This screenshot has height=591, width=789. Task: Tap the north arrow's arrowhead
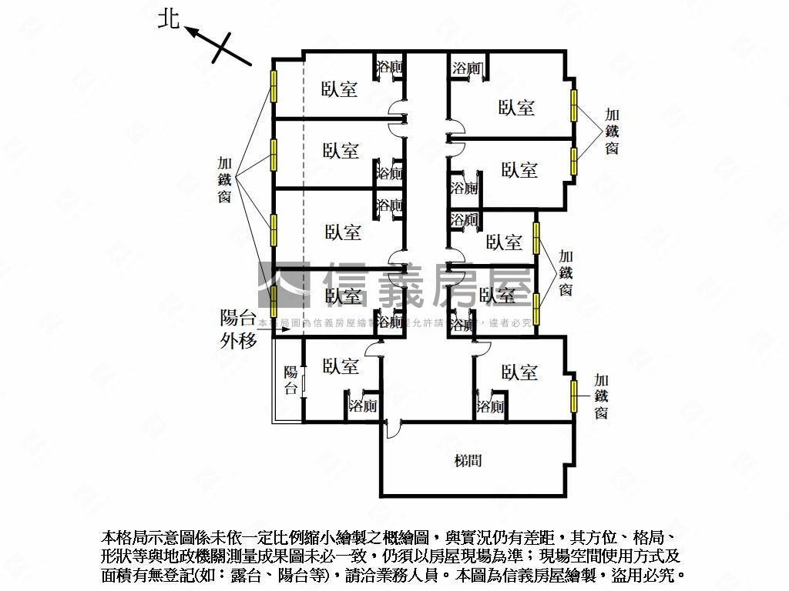click(x=190, y=31)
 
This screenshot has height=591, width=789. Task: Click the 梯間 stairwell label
click(x=468, y=461)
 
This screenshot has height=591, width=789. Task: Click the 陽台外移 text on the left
click(x=238, y=328)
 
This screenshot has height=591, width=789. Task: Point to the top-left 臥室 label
click(x=340, y=89)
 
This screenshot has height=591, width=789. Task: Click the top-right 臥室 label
click(x=516, y=108)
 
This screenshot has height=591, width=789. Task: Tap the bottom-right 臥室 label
click(x=519, y=372)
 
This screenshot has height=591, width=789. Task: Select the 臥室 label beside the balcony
click(x=341, y=366)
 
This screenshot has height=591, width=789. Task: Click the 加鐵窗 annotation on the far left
click(x=225, y=180)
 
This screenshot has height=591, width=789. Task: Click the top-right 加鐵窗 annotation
click(x=611, y=131)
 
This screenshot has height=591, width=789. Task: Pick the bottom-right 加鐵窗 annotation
click(x=601, y=396)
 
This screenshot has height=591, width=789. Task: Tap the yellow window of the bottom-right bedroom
click(x=573, y=396)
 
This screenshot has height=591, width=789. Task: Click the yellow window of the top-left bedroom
click(x=273, y=85)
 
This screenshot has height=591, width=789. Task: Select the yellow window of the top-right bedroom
click(x=573, y=105)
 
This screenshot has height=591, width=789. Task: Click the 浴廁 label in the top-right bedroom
click(x=466, y=68)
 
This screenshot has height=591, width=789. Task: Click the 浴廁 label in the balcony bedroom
click(x=362, y=406)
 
